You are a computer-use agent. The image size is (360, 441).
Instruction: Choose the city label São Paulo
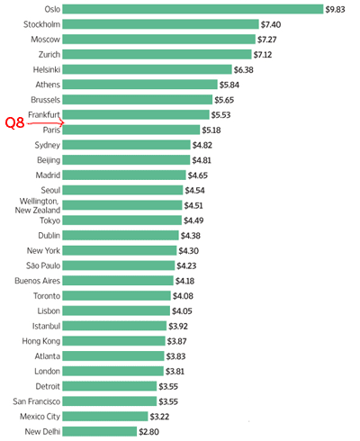click(43, 265)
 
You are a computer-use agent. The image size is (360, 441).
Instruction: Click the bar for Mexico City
click(105, 417)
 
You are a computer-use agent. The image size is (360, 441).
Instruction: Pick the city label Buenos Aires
click(38, 281)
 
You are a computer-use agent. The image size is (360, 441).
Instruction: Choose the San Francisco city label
click(37, 401)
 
